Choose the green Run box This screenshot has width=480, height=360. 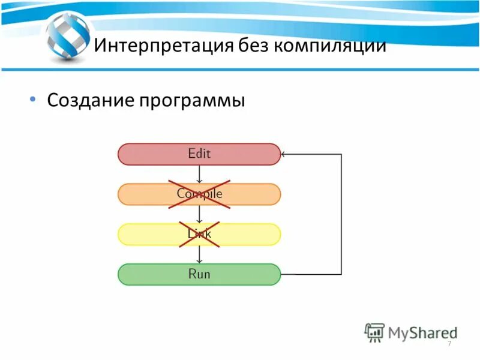pyautogui.click(x=199, y=274)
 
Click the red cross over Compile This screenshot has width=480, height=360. pyautogui.click(x=199, y=194)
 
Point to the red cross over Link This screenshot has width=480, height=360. pyautogui.click(x=199, y=234)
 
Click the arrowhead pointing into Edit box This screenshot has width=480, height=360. pyautogui.click(x=285, y=154)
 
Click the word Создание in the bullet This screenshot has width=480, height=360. pyautogui.click(x=90, y=100)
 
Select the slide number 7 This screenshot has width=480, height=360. pyautogui.click(x=449, y=343)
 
